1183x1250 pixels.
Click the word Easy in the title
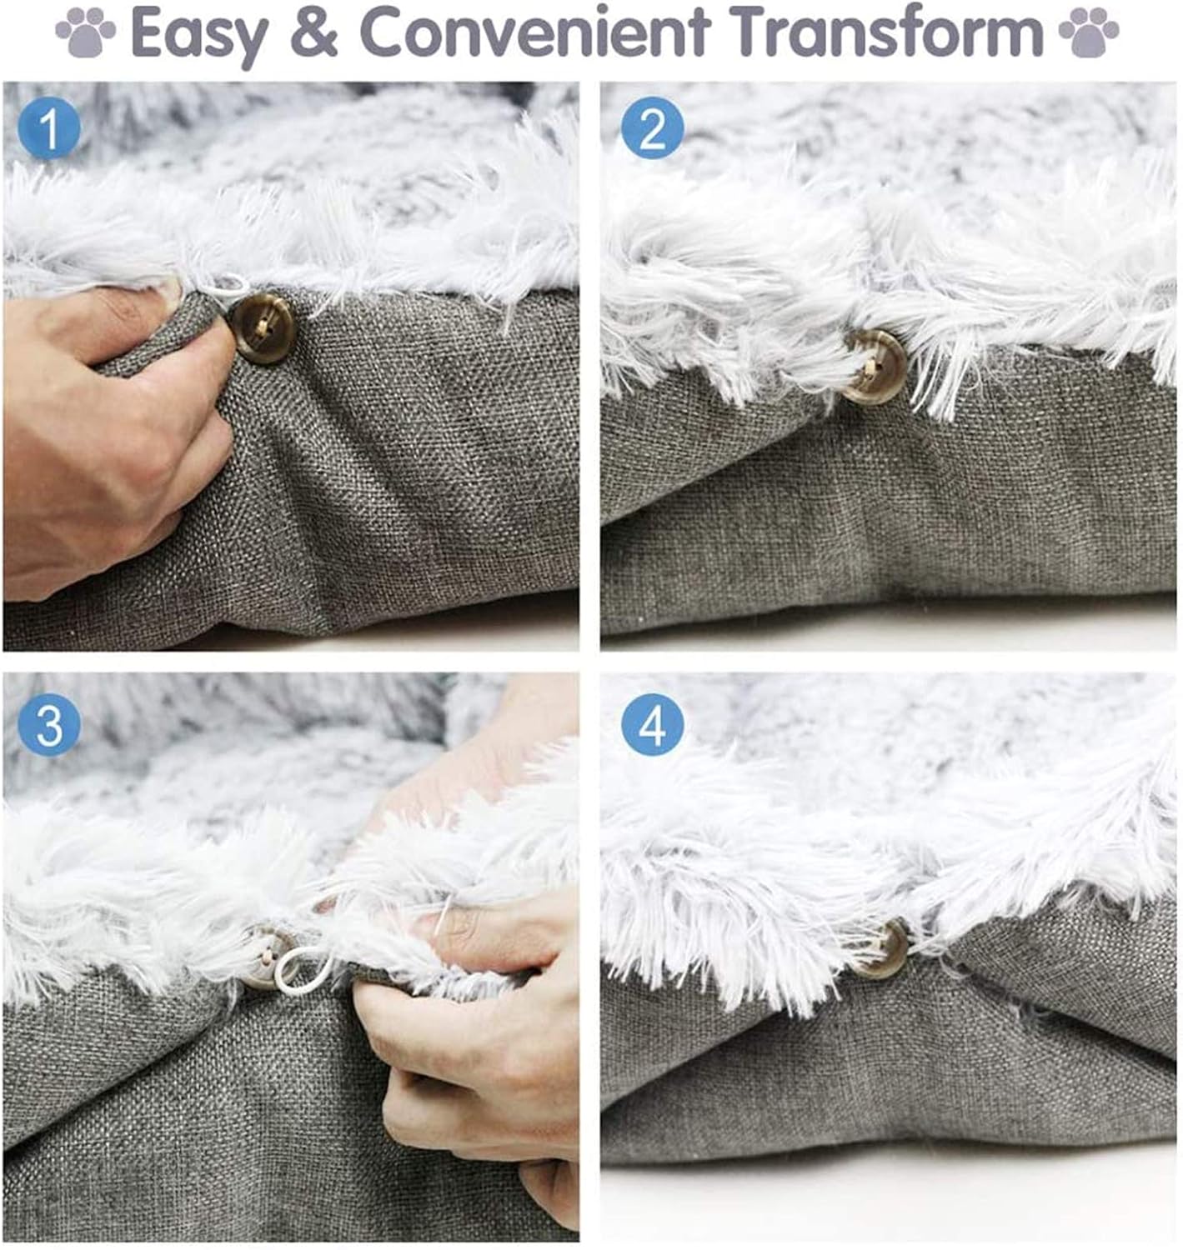(x=199, y=32)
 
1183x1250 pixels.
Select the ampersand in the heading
(x=313, y=31)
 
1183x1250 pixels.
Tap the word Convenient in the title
(x=534, y=31)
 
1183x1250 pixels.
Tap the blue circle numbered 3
(x=50, y=725)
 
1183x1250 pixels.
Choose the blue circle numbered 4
(x=652, y=725)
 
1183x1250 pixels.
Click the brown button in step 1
(x=262, y=328)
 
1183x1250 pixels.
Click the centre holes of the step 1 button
(x=261, y=328)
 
